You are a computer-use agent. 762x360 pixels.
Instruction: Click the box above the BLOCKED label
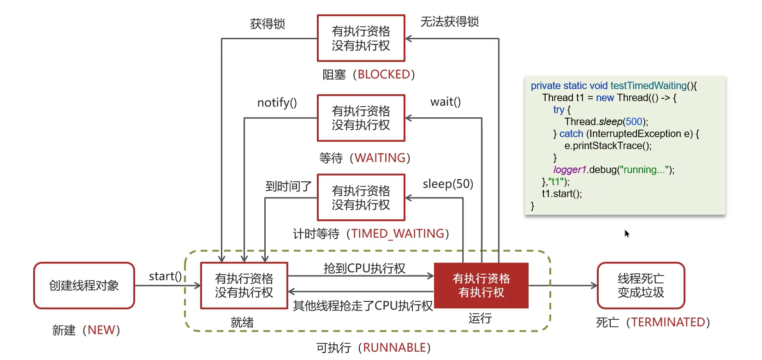click(361, 38)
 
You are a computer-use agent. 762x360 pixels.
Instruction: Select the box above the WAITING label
click(361, 118)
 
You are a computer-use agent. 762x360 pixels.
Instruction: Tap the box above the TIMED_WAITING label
click(361, 198)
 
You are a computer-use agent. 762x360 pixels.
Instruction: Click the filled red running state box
click(481, 286)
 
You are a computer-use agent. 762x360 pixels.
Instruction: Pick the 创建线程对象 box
click(84, 286)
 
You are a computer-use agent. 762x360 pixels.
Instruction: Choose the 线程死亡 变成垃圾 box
click(641, 286)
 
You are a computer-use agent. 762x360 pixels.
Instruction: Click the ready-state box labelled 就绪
click(244, 286)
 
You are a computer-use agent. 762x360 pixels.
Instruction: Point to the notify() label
click(277, 102)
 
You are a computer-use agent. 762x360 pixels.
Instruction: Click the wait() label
click(445, 102)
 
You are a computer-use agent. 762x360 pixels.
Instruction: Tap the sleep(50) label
click(448, 184)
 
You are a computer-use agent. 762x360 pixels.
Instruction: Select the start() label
click(165, 276)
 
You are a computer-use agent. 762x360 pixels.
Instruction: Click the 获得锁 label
click(268, 24)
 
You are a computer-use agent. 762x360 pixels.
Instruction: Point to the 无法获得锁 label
click(449, 22)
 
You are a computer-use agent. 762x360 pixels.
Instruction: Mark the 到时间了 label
click(288, 186)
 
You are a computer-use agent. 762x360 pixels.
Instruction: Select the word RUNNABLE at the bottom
click(394, 348)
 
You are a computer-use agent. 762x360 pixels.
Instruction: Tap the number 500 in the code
click(634, 121)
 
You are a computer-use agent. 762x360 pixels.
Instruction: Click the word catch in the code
click(571, 134)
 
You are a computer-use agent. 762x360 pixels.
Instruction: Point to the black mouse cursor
click(627, 233)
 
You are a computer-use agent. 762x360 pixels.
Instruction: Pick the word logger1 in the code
click(569, 170)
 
